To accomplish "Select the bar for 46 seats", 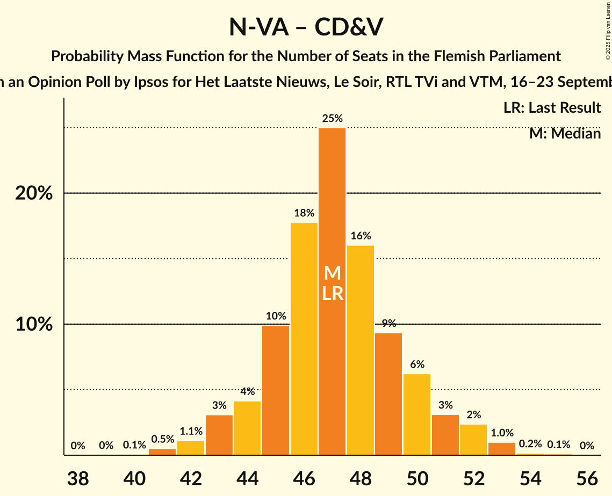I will point(304,339).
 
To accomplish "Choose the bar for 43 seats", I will point(219,435).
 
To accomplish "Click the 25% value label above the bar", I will point(332,119).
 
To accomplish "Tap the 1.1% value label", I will point(191,431).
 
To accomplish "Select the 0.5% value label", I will point(162,439).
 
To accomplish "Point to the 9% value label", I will point(388,323).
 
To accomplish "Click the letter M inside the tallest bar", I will point(333,273).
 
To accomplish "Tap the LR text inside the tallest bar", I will point(333,293).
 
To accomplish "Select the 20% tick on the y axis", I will point(34,193).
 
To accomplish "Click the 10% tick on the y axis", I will point(34,325).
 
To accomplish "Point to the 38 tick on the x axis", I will point(78,477).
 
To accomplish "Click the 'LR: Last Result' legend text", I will point(552,108).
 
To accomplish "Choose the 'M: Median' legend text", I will point(565,133).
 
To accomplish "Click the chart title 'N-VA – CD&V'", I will point(306,27).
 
